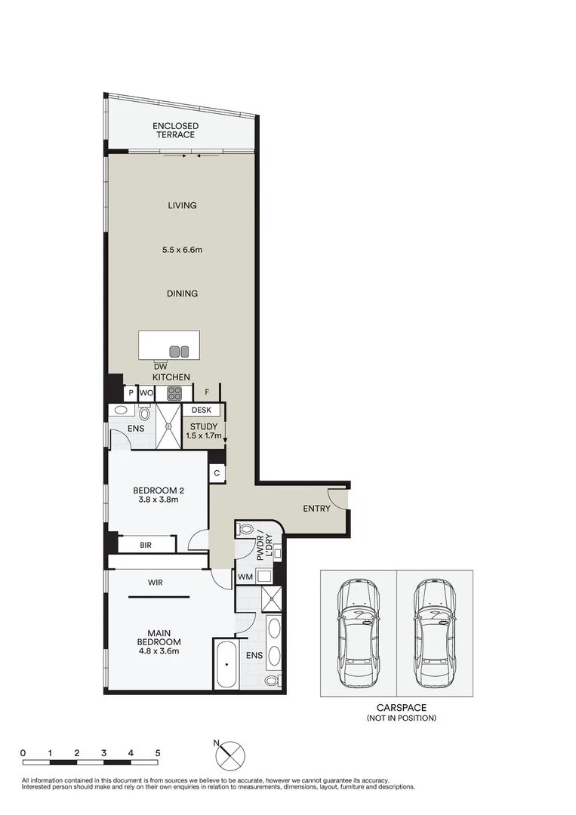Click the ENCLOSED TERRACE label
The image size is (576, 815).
click(175, 131)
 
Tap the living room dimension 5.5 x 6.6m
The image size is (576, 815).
click(182, 249)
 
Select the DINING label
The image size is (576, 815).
click(182, 294)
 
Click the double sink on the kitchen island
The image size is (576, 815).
click(180, 351)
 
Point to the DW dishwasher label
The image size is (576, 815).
click(160, 368)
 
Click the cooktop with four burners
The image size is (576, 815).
click(174, 392)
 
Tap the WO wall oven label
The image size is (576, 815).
click(146, 392)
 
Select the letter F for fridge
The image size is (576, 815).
click(206, 392)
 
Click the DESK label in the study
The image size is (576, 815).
click(201, 411)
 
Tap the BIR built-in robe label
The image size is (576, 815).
click(146, 544)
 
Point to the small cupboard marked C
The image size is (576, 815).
click(217, 473)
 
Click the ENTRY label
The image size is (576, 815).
click(316, 509)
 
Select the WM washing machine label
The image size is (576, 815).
click(245, 577)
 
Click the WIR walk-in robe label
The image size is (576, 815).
click(156, 582)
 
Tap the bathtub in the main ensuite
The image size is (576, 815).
click(226, 664)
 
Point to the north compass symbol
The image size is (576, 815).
click(231, 754)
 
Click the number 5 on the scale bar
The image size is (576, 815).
click(157, 753)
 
